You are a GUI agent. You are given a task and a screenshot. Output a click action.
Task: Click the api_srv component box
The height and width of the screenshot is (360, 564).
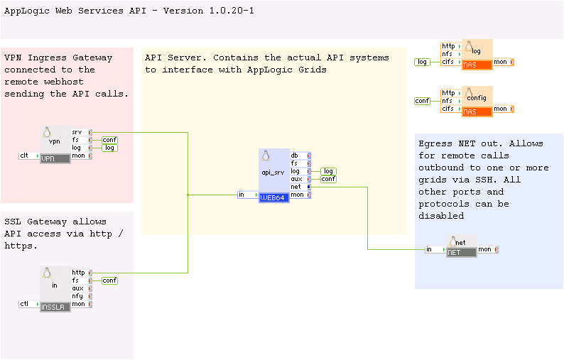point(274,170)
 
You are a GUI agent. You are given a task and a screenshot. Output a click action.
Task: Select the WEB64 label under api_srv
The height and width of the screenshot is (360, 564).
point(274,198)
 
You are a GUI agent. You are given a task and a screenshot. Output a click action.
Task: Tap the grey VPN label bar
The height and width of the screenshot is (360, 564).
point(55,158)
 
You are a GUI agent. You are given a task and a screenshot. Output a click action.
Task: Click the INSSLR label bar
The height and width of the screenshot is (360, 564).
point(56,307)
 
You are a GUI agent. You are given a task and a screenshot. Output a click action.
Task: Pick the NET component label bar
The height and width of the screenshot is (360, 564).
point(461,252)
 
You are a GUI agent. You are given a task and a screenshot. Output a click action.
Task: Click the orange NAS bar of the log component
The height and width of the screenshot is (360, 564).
point(477,65)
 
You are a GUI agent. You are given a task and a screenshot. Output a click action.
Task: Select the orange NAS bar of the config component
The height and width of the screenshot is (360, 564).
point(477,112)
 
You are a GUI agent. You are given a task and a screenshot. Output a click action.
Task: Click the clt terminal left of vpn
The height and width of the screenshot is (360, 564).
point(28,156)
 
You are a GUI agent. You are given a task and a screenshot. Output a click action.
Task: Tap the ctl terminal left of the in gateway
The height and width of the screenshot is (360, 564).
point(28,304)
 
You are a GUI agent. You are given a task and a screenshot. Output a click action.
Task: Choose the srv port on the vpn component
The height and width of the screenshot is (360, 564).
point(78,132)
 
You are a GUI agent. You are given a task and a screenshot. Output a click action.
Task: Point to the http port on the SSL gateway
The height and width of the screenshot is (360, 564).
point(79,273)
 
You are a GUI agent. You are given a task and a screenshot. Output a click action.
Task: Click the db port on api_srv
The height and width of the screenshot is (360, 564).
point(295,156)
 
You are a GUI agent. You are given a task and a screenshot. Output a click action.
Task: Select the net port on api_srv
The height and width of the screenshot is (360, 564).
point(296,187)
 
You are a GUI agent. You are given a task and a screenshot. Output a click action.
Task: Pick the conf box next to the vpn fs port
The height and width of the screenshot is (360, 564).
point(109,140)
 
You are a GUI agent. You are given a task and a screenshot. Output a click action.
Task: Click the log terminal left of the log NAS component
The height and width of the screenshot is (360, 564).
point(423,62)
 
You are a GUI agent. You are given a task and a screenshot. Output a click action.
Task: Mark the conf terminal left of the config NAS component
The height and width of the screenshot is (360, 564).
point(423,101)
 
